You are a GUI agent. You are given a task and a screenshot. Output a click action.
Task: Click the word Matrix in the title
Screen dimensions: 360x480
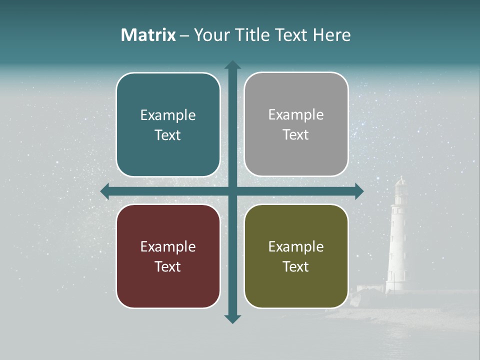click(x=148, y=35)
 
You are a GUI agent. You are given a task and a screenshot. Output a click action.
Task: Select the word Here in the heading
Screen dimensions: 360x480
click(x=332, y=35)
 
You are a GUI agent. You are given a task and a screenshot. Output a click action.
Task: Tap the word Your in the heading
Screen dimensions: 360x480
click(x=211, y=35)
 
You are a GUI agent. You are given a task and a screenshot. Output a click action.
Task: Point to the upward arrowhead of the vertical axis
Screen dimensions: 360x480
click(x=232, y=65)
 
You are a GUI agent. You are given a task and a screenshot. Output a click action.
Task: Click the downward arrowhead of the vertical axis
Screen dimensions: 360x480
click(x=232, y=318)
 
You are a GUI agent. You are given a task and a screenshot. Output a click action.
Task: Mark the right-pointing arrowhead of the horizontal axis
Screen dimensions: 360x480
click(x=358, y=191)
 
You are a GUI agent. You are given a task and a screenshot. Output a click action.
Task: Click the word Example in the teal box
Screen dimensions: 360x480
click(x=168, y=115)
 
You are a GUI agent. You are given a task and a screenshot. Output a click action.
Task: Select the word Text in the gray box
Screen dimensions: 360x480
click(x=296, y=135)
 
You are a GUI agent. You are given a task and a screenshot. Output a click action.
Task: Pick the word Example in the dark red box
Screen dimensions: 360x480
click(x=168, y=246)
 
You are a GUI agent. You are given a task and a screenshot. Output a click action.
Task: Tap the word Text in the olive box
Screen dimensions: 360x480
click(x=296, y=266)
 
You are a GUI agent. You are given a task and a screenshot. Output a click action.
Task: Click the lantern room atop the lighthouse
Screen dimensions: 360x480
click(x=400, y=187)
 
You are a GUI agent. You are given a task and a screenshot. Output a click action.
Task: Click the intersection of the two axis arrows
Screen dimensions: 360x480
click(x=232, y=191)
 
